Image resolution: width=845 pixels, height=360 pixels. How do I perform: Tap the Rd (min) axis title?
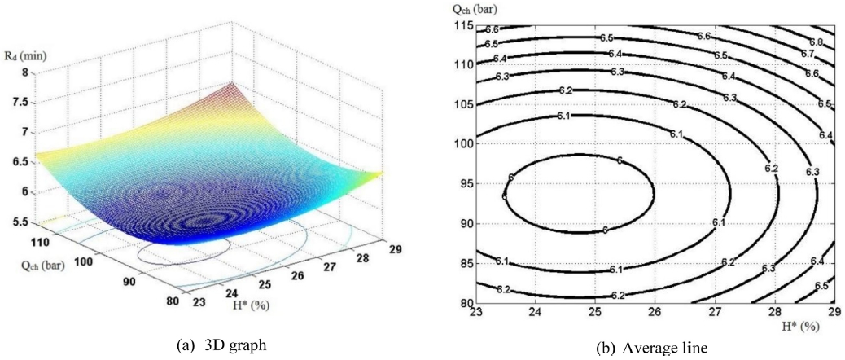pyautogui.click(x=20, y=55)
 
